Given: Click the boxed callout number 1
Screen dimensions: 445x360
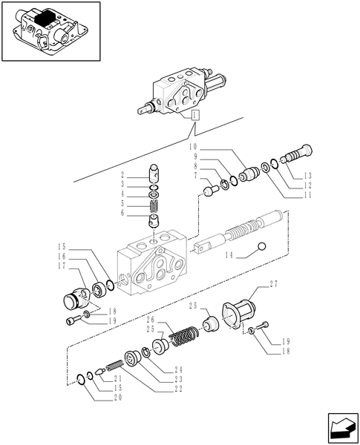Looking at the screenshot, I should tap(194, 116).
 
